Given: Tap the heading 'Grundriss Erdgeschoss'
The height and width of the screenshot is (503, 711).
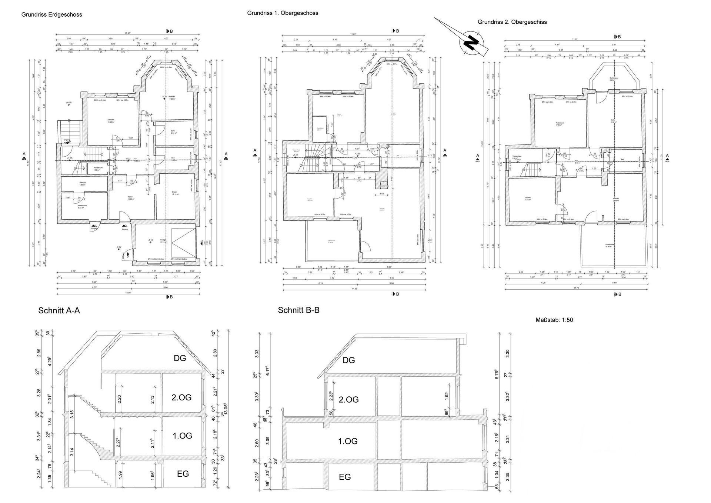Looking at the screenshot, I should [51, 15].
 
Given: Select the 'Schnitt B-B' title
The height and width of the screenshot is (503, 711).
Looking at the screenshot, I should [298, 310].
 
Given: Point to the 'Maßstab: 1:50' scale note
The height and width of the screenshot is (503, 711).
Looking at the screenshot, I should [554, 320].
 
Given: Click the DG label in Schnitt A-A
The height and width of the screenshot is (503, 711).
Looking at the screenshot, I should [180, 358].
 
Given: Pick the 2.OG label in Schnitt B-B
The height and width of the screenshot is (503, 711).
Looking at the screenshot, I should [348, 400].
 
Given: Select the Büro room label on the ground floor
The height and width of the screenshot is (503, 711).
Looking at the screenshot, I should [173, 131].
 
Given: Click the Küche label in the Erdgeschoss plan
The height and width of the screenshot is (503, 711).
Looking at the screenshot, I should [130, 198].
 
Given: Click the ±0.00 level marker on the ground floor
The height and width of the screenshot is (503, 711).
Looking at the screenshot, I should [69, 103].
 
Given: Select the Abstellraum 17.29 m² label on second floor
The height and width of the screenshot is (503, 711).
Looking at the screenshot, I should [559, 124].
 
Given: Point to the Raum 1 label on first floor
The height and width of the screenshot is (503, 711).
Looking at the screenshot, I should [310, 200].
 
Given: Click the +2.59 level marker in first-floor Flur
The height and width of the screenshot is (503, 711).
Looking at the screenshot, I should [357, 154].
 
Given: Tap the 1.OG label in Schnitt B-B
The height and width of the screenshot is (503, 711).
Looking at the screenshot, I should [348, 441].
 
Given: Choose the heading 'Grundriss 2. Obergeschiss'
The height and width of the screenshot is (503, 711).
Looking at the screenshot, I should [512, 22].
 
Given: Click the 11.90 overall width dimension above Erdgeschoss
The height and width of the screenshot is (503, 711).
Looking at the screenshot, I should [127, 33].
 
